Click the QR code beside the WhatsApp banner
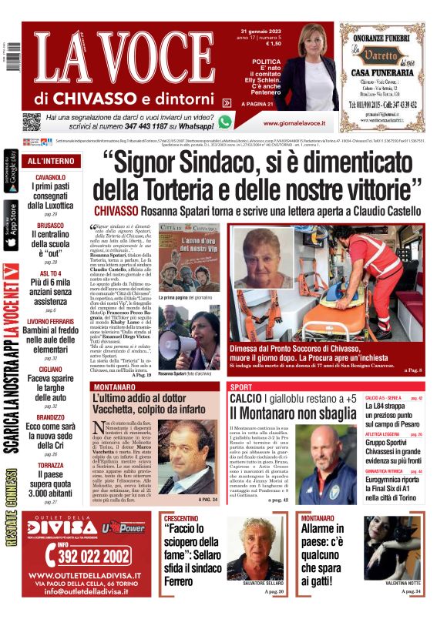coord(31,122)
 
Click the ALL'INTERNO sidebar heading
coord(51,161)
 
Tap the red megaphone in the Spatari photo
coord(173,343)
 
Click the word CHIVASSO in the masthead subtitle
coord(96,98)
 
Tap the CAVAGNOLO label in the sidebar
coord(50,177)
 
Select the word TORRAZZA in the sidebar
coord(50,466)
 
